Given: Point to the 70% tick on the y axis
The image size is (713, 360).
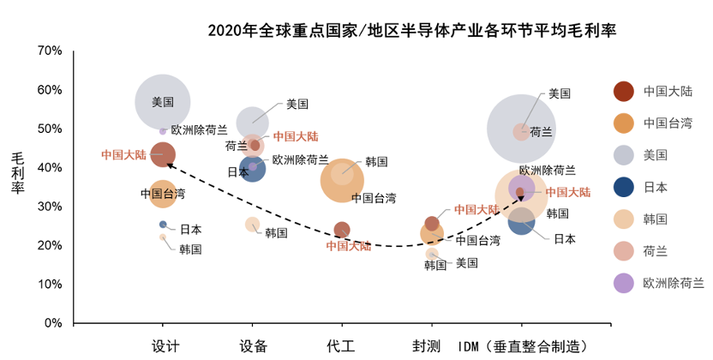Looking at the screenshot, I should coord(49,51).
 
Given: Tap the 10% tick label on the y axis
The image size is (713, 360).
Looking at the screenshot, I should coord(49,285).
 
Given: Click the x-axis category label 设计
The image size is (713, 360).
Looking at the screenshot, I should coord(165,345).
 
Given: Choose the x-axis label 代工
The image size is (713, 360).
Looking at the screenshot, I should coord(341,345).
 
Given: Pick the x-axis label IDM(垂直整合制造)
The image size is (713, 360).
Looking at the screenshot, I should coord(523,345).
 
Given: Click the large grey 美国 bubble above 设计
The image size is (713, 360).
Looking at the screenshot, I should coord(162,102).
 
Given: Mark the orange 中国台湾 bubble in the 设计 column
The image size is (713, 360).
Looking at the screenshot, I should coord(162,194).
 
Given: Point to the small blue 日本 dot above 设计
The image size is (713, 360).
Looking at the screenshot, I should coord(163,225).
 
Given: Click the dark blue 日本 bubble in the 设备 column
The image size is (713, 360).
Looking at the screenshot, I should coord(253,168).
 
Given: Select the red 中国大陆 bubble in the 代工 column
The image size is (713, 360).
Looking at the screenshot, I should coord(341,230).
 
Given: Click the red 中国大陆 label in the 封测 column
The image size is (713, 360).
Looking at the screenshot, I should coord(476,209).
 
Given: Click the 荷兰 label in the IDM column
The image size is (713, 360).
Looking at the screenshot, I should coord(541,132).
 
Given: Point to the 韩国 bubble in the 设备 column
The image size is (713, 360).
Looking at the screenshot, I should coord(252,225).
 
